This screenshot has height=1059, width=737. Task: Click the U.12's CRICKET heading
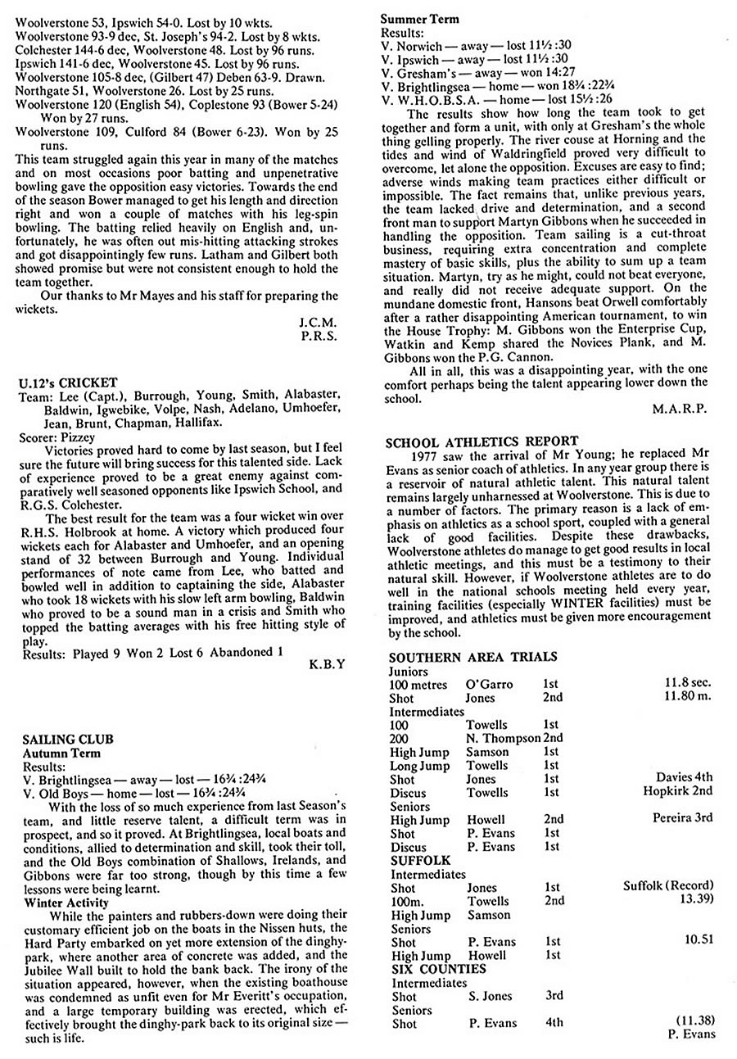pos(67,382)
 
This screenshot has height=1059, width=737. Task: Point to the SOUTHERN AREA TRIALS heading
pos(473,657)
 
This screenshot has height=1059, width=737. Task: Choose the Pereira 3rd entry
pos(682,818)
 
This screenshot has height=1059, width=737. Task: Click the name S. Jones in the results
pos(491,996)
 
